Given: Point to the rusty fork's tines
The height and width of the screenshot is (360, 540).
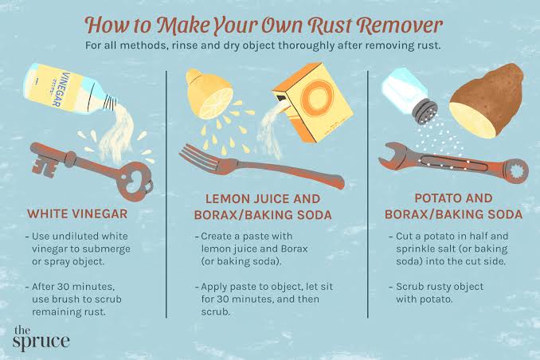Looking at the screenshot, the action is click(197, 156).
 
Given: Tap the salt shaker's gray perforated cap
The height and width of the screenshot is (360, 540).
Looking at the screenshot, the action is click(426, 112).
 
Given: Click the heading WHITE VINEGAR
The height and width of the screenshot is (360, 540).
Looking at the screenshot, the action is click(77, 213).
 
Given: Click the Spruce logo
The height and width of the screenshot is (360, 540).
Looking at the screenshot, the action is click(41, 338).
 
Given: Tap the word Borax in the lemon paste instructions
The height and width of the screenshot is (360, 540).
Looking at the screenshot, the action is click(294, 248).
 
